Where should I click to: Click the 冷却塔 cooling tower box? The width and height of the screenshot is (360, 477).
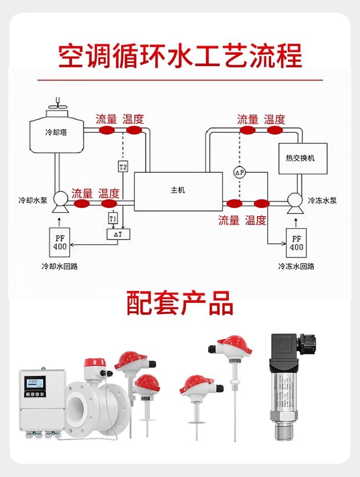coord(55,133)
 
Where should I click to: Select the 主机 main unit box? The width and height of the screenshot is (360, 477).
coord(178,191)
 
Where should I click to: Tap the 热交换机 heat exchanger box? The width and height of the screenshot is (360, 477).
coord(303,158)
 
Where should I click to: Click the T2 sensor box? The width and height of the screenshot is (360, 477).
coord(123,167)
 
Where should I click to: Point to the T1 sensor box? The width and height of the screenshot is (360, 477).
coord(113,218)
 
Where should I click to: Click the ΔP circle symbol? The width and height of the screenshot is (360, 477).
coord(240,172)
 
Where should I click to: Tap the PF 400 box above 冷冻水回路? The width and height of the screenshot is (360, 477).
coord(296,242)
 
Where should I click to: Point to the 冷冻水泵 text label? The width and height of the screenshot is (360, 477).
coord(322,201)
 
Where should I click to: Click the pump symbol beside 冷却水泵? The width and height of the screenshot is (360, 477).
coord(60,202)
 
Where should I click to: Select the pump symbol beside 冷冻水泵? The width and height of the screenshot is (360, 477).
coord(294,202)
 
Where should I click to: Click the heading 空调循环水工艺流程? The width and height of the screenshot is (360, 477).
coord(180,56)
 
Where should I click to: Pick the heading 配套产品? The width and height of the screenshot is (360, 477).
coord(180,303)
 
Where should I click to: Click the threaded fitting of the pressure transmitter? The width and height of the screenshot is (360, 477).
coord(286,429)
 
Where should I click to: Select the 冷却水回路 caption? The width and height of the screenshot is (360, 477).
coord(60,266)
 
